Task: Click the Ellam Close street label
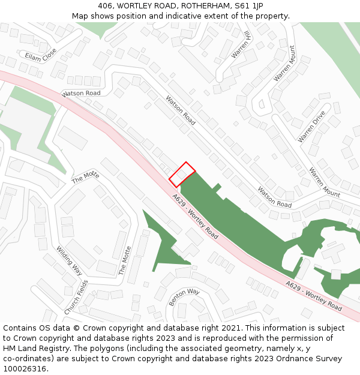click(41, 55)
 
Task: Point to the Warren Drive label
click(311, 126)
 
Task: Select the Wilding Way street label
click(69, 260)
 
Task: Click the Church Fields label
click(76, 297)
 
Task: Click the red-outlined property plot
click(182, 175)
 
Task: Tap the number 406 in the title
click(106, 6)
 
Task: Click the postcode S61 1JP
click(247, 6)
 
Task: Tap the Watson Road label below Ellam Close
click(81, 94)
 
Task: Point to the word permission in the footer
click(286, 338)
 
